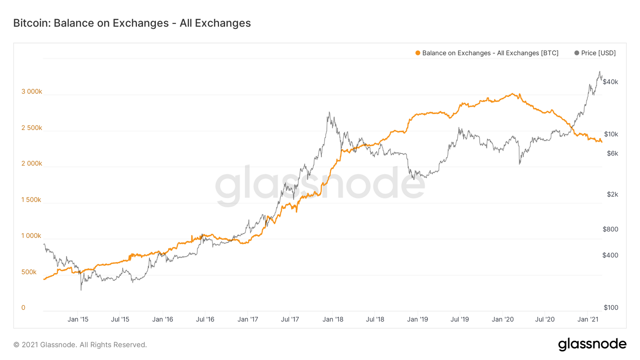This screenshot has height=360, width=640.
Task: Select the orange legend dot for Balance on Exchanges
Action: [417, 53]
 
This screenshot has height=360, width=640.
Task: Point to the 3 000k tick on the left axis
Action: [32, 91]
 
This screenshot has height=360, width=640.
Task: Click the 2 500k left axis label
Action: [32, 128]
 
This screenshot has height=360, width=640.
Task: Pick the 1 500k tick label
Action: [32, 200]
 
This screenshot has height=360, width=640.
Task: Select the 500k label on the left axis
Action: [29, 272]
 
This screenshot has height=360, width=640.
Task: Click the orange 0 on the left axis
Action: [23, 308]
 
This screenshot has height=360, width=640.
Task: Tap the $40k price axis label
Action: [610, 82]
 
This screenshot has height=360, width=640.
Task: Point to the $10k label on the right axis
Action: [611, 134]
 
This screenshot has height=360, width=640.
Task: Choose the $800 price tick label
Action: [610, 229]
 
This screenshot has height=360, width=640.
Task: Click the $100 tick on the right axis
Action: [610, 308]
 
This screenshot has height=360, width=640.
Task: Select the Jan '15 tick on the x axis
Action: [78, 319]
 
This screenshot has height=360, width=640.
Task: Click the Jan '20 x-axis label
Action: [503, 319]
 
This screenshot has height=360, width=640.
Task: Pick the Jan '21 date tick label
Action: [588, 319]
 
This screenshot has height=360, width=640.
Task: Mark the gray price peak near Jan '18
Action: [329, 112]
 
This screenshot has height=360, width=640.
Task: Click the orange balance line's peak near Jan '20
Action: [513, 94]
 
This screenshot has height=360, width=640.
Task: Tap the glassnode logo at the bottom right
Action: [592, 344]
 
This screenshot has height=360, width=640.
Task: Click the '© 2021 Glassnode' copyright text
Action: [80, 345]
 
